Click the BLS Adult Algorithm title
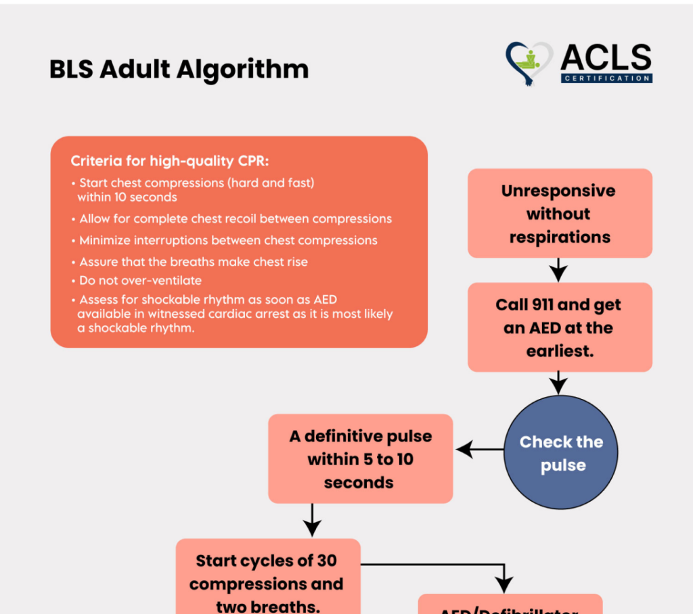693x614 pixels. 179,69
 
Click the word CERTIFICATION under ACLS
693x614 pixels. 606,78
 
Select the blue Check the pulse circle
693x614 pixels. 561,453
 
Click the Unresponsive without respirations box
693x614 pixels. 560,214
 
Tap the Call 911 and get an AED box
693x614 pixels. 560,327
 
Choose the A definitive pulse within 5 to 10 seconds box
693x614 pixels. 360,459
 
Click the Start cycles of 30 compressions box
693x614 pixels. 267,582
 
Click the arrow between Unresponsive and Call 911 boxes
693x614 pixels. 558,270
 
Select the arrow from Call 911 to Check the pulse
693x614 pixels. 558,383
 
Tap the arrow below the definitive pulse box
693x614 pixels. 312,520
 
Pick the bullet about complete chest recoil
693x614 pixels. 234,219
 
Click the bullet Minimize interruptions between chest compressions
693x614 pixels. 227,240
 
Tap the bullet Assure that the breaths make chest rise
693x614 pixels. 192,262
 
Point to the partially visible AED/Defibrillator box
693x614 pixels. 510,606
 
